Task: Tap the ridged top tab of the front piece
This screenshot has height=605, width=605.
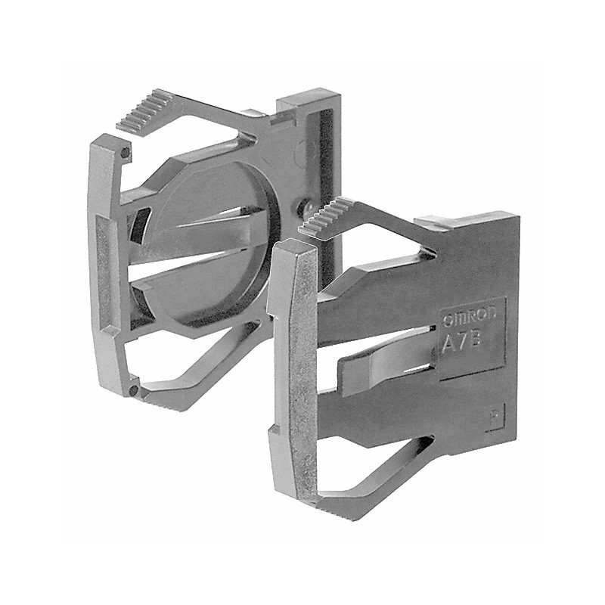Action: pyautogui.click(x=331, y=215)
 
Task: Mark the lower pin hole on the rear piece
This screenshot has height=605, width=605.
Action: pyautogui.click(x=133, y=391)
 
